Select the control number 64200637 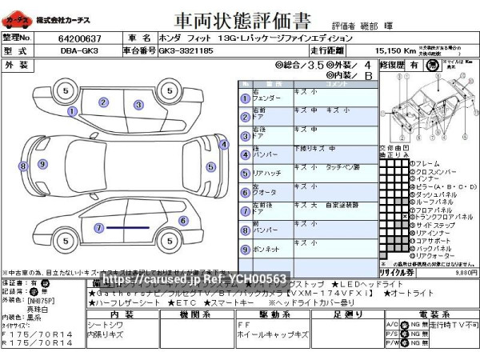tap(80, 38)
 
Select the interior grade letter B tap(369, 76)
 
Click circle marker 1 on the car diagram tap(73, 112)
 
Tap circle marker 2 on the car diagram tap(103, 102)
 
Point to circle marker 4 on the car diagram tap(223, 145)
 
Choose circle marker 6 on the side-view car tap(183, 221)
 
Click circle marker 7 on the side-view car tap(98, 228)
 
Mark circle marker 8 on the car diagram tap(23, 166)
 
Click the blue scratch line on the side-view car tap(128, 228)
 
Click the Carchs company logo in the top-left tap(19, 18)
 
